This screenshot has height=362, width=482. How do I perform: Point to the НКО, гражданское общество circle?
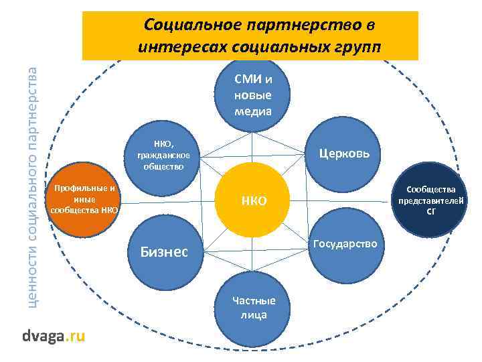click(x=163, y=155)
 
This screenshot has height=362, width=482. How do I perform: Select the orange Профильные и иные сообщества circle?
click(x=84, y=199)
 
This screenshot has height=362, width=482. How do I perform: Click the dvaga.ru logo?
click(x=54, y=336)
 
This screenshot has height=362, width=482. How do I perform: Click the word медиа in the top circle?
click(x=253, y=110)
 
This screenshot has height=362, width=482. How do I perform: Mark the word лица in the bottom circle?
click(x=250, y=314)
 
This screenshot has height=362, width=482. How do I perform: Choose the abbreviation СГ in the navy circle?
click(x=431, y=213)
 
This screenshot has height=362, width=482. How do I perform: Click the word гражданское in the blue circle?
click(x=163, y=156)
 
